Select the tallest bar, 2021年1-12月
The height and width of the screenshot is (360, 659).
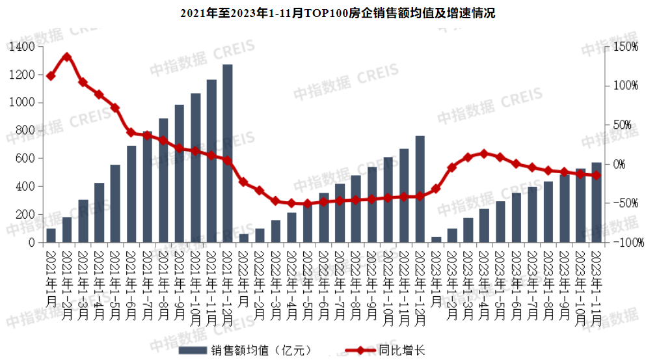pos(228,153)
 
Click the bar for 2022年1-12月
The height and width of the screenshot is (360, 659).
pos(420,189)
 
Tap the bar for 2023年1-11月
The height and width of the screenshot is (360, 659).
pos(596,202)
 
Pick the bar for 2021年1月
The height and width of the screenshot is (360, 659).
pos(51,236)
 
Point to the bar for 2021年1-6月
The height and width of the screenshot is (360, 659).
pos(131,194)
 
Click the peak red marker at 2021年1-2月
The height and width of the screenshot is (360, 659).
pos(66,57)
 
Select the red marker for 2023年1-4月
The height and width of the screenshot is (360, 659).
pos(483,154)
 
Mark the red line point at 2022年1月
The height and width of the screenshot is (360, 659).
pos(243,182)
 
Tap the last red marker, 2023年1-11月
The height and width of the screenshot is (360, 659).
pos(596,175)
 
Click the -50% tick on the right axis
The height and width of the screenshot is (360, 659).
pos(629,203)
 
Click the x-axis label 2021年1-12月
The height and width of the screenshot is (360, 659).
pos(228,284)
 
